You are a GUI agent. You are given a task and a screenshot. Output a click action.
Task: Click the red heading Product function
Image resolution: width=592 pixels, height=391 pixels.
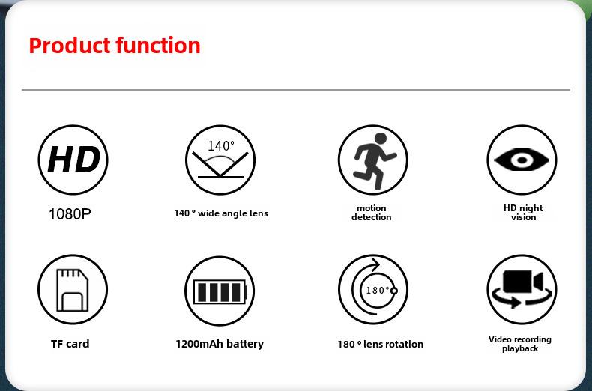click(x=115, y=46)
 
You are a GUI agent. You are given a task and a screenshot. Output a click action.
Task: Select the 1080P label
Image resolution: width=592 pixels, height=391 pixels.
click(x=70, y=214)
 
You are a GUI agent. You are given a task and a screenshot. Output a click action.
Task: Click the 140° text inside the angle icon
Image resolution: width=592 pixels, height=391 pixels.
click(x=221, y=145)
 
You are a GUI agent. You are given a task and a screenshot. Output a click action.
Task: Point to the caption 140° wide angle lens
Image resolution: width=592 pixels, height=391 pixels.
click(x=221, y=213)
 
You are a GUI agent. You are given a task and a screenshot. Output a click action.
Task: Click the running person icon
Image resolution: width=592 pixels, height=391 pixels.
click(x=375, y=161)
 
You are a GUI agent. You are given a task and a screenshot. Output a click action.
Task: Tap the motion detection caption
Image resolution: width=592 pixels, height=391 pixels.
click(x=372, y=213)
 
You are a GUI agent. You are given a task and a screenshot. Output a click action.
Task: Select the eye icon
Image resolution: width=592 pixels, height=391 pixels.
click(x=522, y=160)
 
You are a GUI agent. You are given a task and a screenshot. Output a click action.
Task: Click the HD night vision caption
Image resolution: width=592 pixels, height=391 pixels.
click(x=523, y=213)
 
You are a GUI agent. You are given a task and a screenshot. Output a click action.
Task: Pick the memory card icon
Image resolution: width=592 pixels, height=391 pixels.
click(x=73, y=290)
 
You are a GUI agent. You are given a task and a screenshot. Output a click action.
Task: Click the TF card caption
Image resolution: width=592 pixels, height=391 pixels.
click(x=70, y=344)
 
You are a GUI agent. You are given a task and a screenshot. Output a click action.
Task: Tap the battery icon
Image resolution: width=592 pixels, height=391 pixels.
click(x=220, y=292)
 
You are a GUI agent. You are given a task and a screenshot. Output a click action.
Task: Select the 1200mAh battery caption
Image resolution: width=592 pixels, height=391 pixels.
click(x=220, y=344)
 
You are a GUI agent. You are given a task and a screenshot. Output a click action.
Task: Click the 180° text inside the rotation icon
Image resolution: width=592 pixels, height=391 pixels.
click(x=378, y=290)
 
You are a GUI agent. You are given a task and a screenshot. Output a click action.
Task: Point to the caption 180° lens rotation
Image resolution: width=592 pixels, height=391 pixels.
click(x=380, y=345)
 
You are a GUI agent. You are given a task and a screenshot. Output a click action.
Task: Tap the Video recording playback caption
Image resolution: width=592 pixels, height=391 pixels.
click(x=520, y=344)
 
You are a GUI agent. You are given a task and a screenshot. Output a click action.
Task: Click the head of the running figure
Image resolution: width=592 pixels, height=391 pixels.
click(x=381, y=139)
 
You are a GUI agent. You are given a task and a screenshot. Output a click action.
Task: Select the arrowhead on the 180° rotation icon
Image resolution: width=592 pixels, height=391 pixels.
click(x=375, y=264)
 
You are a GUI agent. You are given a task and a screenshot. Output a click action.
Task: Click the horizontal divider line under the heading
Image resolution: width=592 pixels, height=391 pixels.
click(x=296, y=90)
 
